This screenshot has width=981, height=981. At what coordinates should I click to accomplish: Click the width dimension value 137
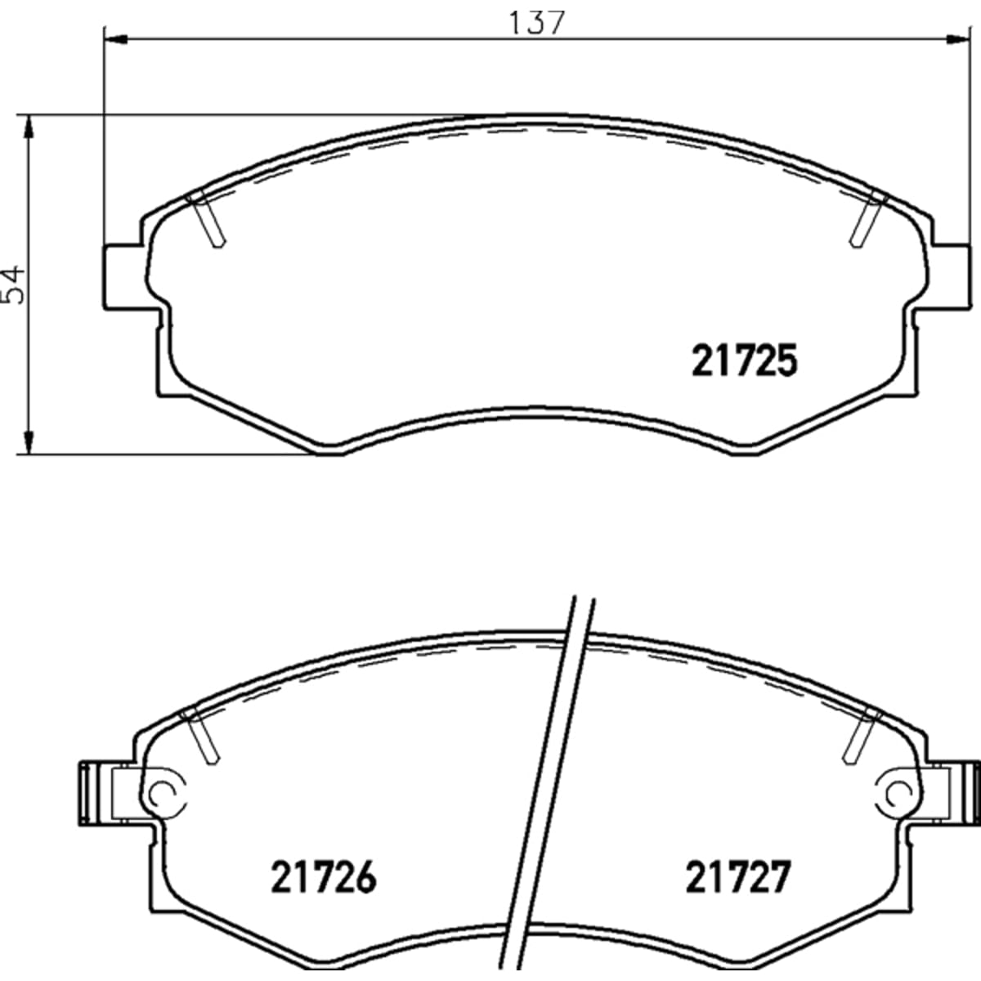click(536, 24)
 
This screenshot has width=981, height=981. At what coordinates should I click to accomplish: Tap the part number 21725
click(744, 361)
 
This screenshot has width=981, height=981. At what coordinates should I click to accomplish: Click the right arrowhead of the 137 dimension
click(955, 40)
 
